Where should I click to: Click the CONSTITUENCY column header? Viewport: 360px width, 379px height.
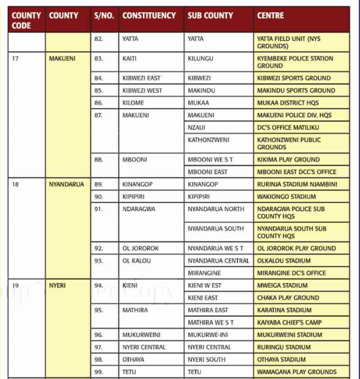(x=149, y=15)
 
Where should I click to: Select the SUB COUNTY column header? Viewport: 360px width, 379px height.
(x=210, y=15)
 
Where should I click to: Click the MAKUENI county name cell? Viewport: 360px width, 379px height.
(x=62, y=59)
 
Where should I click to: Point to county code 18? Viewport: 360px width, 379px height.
(x=15, y=184)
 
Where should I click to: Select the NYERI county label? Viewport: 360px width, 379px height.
(x=57, y=285)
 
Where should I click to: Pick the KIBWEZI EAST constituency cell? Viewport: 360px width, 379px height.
(x=142, y=78)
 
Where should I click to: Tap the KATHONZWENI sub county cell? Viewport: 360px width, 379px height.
(x=209, y=140)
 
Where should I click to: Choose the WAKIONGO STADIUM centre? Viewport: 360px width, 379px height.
(x=287, y=197)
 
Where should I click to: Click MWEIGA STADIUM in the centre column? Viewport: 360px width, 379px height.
(x=282, y=285)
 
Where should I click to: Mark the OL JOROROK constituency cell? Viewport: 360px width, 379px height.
(x=141, y=248)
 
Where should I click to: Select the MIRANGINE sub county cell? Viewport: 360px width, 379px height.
(x=204, y=273)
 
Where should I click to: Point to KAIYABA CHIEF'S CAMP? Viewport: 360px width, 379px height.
(x=289, y=322)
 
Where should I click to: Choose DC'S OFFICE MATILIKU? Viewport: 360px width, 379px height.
(x=288, y=128)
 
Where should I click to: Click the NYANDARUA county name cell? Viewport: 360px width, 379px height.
(x=66, y=184)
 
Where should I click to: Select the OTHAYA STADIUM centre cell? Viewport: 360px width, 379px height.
(x=281, y=359)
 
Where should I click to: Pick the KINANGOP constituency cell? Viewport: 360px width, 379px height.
(x=138, y=184)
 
